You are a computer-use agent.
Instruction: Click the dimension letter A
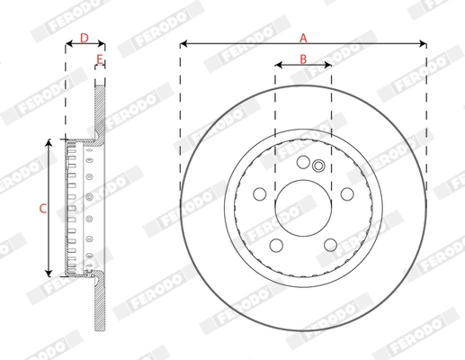click(x=303, y=37)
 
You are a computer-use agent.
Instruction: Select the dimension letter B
click(x=303, y=58)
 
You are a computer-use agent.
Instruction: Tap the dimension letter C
click(x=41, y=208)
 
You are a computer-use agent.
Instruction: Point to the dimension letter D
click(x=84, y=37)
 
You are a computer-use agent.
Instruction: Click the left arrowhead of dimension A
click(x=183, y=43)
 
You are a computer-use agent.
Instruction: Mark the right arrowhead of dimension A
click(x=423, y=43)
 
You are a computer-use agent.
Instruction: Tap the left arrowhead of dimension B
click(x=278, y=66)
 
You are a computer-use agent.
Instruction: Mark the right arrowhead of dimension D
click(x=103, y=43)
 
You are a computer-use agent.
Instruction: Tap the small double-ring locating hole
click(x=317, y=165)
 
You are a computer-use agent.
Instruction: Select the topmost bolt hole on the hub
click(x=303, y=162)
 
